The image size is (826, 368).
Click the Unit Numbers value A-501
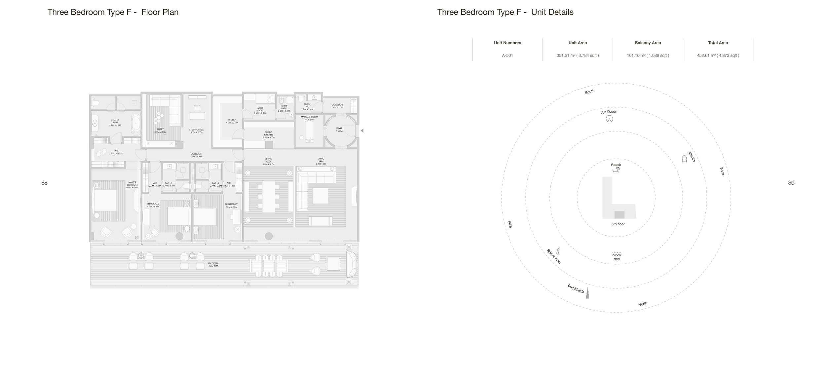coord(507,55)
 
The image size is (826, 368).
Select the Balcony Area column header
coord(648,43)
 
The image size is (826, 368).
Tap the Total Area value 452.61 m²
coord(718,55)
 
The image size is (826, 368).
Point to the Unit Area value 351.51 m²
coord(577,55)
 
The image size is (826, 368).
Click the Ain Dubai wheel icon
coord(609,119)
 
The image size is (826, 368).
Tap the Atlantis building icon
coord(684,159)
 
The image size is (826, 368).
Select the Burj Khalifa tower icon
coord(587,293)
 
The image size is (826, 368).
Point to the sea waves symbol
coord(617,254)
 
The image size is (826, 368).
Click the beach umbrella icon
coord(616,170)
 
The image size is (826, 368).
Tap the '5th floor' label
coord(618,224)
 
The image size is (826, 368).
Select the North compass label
coord(642,304)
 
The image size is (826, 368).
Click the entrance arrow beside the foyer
coord(362,130)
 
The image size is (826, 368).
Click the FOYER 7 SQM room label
coord(339,129)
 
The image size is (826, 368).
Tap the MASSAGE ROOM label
coord(309,118)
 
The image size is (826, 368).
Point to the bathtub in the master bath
coord(136,124)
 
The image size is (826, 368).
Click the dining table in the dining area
coord(268,196)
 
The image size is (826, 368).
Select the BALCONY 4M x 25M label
coord(213,265)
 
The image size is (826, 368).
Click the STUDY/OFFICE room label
coord(196,131)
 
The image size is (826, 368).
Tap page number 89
coord(791,183)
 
